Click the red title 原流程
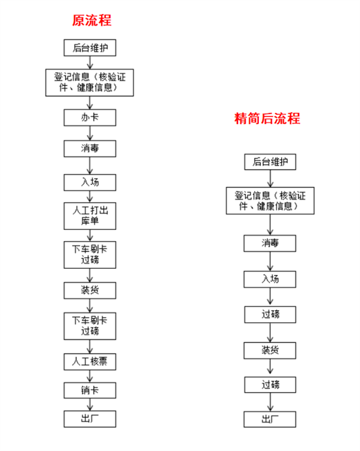tap(91, 20)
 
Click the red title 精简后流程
tap(267, 118)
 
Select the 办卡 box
tap(90, 118)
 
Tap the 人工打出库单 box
tap(90, 216)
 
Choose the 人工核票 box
tap(90, 362)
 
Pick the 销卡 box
tap(90, 390)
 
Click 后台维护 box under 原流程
tap(90, 48)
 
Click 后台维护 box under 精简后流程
tap(270, 162)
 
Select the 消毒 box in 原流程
tap(90, 149)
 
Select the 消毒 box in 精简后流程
tap(270, 244)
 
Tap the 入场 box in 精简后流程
tap(270, 279)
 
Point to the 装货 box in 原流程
tap(90, 290)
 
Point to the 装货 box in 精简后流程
tap(270, 351)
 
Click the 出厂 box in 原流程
tap(90, 419)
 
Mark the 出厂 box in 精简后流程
tap(270, 419)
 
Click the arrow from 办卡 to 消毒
tap(90, 133)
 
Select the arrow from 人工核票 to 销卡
tap(90, 376)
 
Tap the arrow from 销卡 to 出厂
tap(90, 405)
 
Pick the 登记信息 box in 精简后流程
tap(270, 201)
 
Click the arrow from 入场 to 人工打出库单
tap(90, 197)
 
